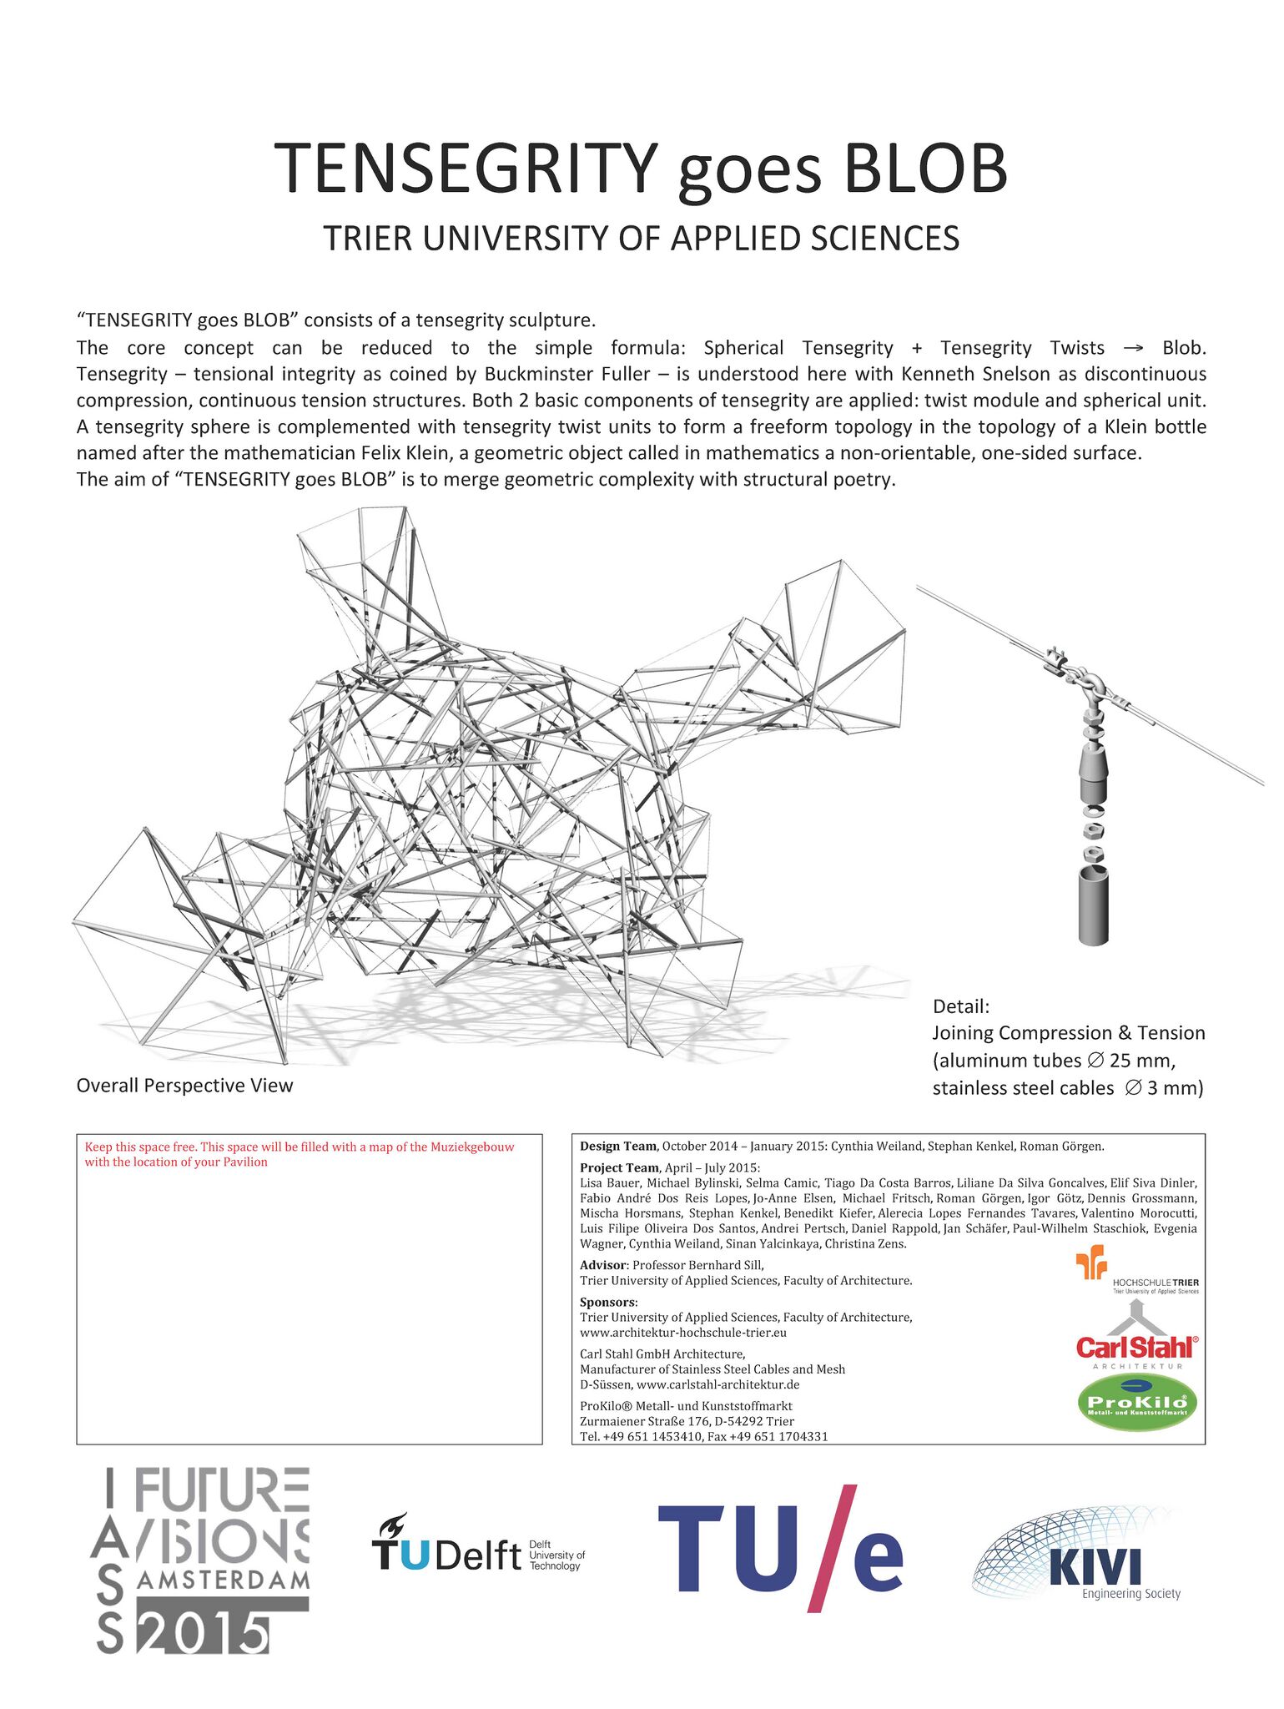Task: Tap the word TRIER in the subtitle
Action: coord(367,239)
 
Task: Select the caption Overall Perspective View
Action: coord(184,1086)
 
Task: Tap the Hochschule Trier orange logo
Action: coord(1090,1263)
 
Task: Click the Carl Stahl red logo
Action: coord(1136,1346)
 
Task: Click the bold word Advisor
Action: coord(602,1265)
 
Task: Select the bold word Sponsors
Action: coord(608,1302)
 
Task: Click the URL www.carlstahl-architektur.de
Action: coord(718,1384)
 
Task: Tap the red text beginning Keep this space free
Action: coord(299,1154)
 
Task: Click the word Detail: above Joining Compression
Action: coord(960,1006)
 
